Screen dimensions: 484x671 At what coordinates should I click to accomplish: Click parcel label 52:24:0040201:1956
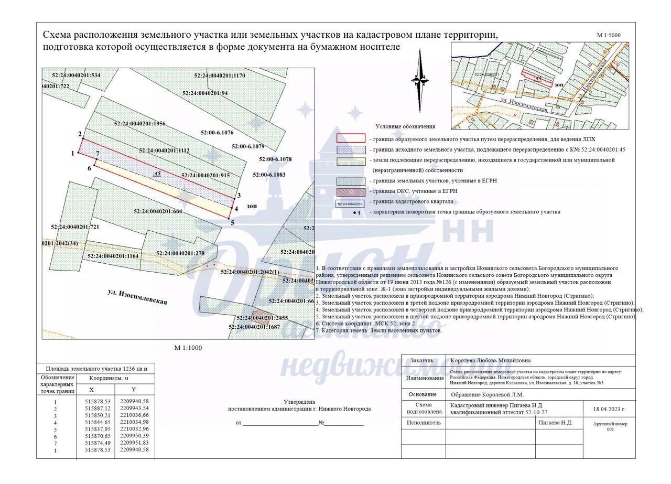(x=139, y=124)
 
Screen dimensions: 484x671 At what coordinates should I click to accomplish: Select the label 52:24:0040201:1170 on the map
(x=220, y=76)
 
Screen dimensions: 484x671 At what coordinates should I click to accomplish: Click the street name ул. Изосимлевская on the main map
(x=137, y=297)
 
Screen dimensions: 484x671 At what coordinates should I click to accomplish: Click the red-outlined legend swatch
(x=351, y=138)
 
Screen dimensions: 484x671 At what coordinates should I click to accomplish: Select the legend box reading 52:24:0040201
(x=350, y=203)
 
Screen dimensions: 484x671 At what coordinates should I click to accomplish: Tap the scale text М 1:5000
(x=609, y=35)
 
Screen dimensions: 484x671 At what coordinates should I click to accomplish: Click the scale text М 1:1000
(x=188, y=348)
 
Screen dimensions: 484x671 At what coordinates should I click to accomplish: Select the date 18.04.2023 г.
(x=609, y=408)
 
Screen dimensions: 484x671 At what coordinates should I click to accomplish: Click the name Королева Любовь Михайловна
(x=491, y=360)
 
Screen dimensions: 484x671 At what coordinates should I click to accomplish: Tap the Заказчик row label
(x=423, y=360)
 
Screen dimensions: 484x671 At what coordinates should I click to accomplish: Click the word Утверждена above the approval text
(x=299, y=401)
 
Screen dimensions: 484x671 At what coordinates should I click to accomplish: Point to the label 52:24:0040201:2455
(x=262, y=318)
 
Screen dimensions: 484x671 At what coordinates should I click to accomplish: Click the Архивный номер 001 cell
(x=610, y=426)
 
